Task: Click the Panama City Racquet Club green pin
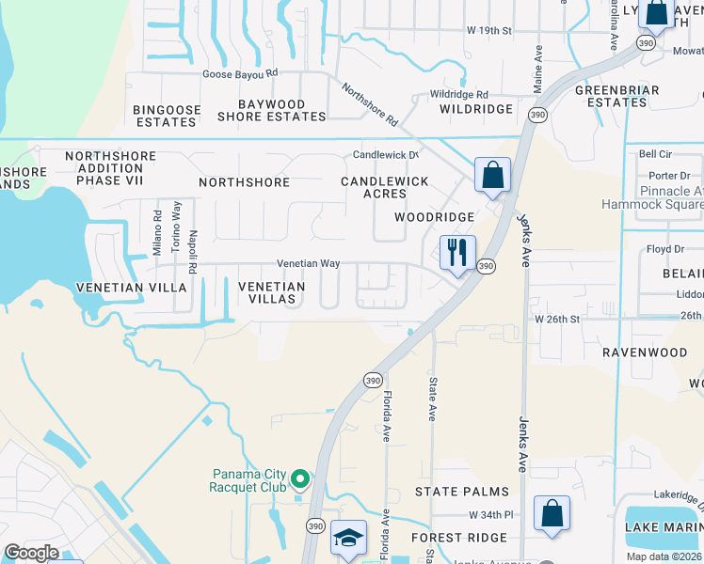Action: [300, 480]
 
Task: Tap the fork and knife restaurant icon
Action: [456, 254]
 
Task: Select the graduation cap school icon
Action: [348, 540]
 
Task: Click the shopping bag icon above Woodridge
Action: [492, 176]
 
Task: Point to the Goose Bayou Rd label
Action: [241, 73]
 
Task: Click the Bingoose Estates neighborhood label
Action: [168, 116]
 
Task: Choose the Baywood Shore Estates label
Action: [272, 110]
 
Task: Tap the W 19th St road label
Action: [488, 31]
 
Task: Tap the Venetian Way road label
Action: [308, 265]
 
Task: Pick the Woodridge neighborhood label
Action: [434, 217]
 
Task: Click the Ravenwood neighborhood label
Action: [646, 352]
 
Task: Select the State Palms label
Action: [462, 492]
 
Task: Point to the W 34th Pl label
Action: [491, 516]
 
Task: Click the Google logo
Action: [32, 553]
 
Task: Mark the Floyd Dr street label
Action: [664, 250]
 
